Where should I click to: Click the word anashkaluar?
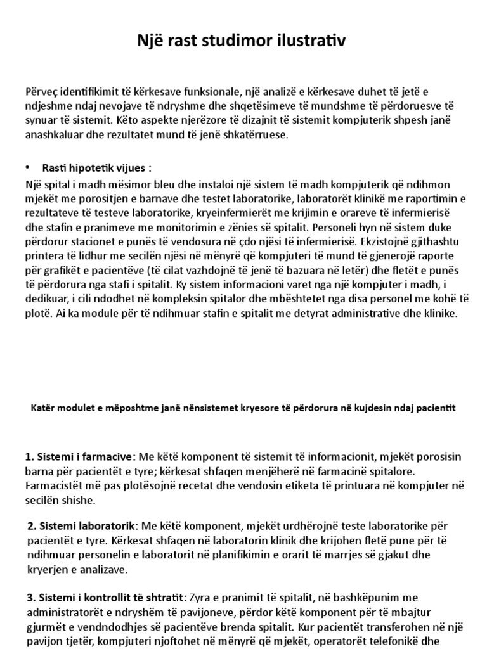[55, 135]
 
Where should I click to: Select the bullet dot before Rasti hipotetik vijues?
[28, 167]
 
